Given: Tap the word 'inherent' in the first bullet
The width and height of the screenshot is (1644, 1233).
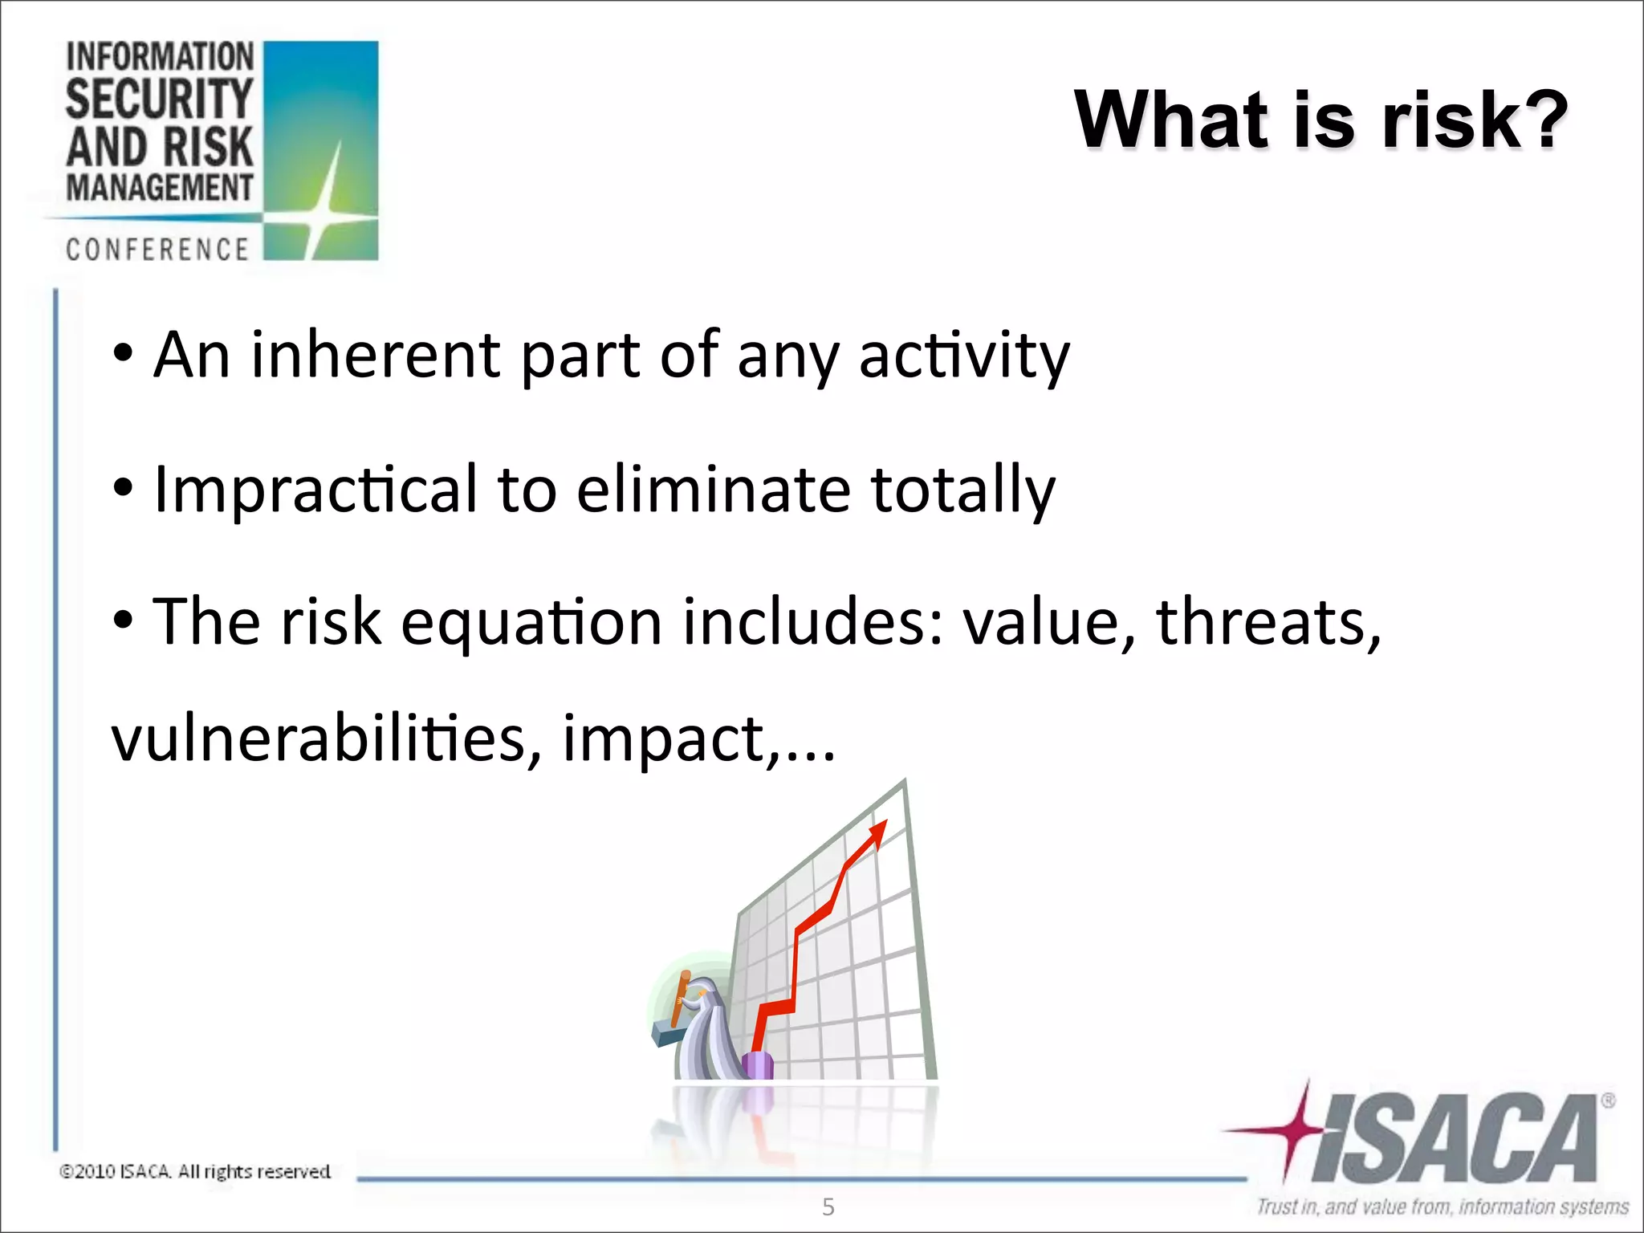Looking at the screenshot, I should (376, 355).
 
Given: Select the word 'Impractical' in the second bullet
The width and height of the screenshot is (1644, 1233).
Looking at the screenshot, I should (315, 489).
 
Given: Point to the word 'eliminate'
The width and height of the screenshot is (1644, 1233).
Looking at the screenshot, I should (713, 489).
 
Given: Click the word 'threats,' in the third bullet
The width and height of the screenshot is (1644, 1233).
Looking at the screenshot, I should (1268, 622).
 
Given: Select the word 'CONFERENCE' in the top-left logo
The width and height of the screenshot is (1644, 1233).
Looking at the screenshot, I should (157, 250).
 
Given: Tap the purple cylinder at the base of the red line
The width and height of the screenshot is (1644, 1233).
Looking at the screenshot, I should (757, 1066).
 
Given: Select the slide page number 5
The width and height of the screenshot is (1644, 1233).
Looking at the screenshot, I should (828, 1207).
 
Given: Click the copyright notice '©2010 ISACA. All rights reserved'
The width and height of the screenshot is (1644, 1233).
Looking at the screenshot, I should (195, 1171).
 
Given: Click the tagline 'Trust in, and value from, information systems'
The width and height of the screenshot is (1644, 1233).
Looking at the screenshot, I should (1443, 1207).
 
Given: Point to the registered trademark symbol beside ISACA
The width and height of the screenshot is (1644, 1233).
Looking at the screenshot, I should (1608, 1101).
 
